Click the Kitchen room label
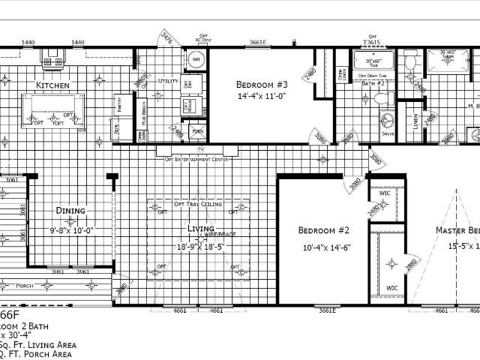(52, 86)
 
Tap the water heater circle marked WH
(196, 58)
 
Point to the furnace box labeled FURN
(197, 131)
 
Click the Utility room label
(169, 80)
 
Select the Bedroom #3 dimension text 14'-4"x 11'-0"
(262, 96)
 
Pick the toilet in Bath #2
(381, 100)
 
